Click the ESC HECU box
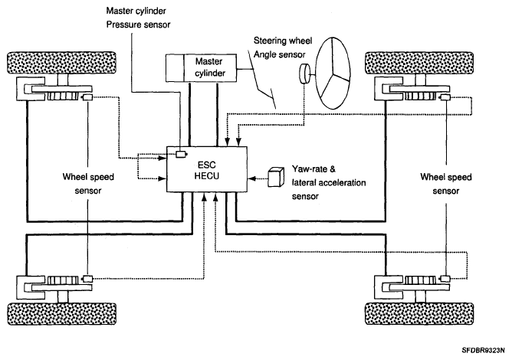click(x=207, y=169)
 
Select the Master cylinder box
click(x=201, y=67)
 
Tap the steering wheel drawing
click(x=333, y=73)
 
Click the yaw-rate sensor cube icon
click(x=275, y=178)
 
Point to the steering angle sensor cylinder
click(x=304, y=74)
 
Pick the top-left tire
click(x=62, y=62)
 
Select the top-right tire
click(x=419, y=63)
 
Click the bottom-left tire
click(x=62, y=313)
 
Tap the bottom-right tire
click(x=419, y=313)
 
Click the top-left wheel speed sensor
click(x=87, y=97)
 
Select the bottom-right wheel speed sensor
click(x=445, y=279)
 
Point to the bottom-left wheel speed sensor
click(x=87, y=279)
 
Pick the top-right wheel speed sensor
click(x=445, y=97)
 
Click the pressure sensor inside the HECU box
click(x=181, y=154)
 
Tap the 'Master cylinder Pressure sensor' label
click(x=138, y=18)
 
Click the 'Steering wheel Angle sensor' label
click(x=283, y=47)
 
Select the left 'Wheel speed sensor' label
click(x=88, y=184)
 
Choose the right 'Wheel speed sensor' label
click(x=446, y=184)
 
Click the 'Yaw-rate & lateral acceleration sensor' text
click(x=329, y=183)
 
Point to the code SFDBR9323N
click(x=484, y=351)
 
